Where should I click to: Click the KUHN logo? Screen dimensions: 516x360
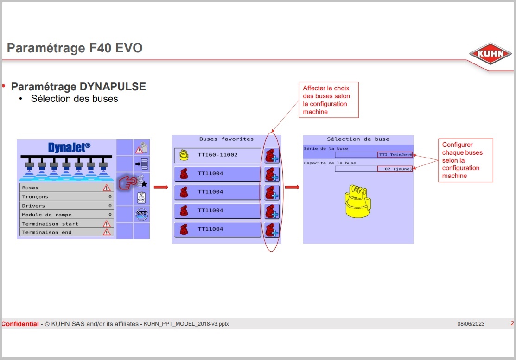490,53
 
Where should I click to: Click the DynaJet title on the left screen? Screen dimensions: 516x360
69,147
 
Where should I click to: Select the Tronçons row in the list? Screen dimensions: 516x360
66,196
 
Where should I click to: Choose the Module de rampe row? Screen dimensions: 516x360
66,215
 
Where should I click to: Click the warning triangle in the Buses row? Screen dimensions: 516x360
107,188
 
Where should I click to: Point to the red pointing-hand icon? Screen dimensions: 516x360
127,182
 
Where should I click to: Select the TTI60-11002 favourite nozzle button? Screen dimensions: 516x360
217,155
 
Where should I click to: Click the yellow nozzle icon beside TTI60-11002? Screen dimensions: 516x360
184,155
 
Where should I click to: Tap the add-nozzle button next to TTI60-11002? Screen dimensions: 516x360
272,156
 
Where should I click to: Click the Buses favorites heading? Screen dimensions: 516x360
226,139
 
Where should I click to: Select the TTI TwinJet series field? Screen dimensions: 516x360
374,155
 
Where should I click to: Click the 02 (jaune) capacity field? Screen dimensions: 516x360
374,169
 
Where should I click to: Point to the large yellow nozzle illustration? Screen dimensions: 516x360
358,201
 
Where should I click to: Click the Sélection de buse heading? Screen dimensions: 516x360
358,139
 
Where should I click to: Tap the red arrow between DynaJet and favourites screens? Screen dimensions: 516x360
161,187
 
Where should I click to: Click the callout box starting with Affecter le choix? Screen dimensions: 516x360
328,100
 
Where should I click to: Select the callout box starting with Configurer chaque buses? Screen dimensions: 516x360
465,160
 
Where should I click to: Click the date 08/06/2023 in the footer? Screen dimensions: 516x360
471,324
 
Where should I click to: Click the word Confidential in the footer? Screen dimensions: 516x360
20,324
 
